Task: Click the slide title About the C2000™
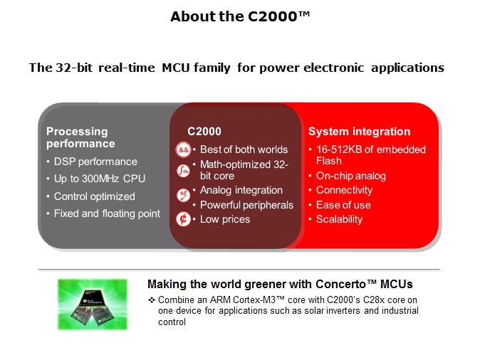point(240,16)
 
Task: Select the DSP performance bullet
point(95,162)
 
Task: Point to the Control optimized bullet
point(94,196)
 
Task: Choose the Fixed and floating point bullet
point(107,213)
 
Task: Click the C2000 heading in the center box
point(204,132)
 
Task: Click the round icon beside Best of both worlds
point(183,150)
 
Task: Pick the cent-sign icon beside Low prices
point(183,218)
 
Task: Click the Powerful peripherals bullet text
point(246,205)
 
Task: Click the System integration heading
point(359,132)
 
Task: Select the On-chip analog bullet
point(350,176)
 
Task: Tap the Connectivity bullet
point(344,190)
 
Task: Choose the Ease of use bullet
point(343,205)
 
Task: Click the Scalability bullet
point(339,219)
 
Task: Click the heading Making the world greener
point(280,285)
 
